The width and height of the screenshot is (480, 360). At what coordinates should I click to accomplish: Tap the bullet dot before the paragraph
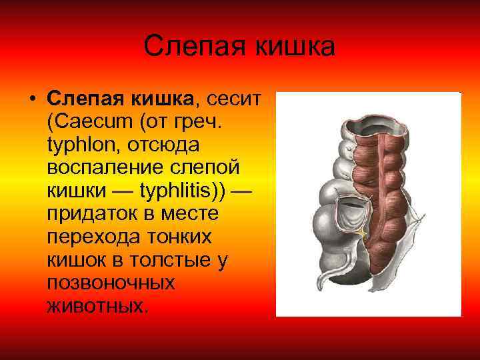(x=31, y=100)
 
